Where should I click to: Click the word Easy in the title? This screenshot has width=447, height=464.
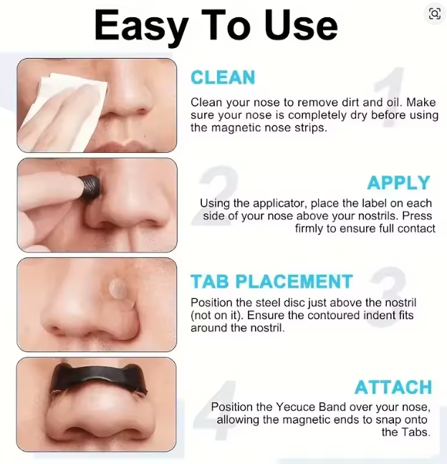click(141, 26)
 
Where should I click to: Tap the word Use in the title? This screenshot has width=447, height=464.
click(301, 25)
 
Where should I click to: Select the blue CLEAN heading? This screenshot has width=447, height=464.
click(223, 77)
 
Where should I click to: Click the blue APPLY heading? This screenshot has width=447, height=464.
click(398, 183)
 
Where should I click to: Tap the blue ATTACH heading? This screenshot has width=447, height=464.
click(393, 387)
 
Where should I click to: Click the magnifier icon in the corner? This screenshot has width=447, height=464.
click(435, 14)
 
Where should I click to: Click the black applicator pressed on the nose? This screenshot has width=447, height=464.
click(90, 187)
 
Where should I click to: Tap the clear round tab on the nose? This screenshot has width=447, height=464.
click(118, 288)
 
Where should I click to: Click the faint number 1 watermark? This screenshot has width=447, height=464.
click(389, 97)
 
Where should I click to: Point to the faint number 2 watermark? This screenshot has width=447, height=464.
click(215, 196)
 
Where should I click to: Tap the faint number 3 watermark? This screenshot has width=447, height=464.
click(388, 296)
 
